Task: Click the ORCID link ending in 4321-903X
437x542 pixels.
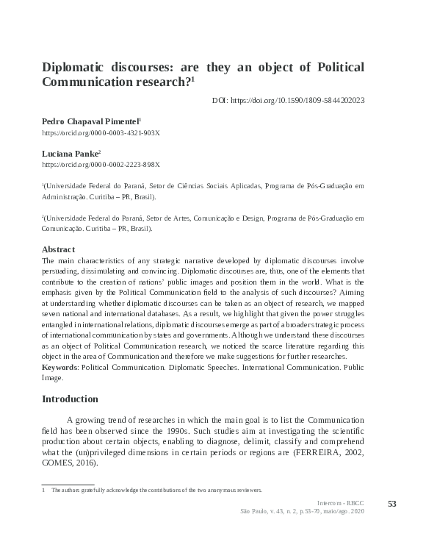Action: pos(101,132)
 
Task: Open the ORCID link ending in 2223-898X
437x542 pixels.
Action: pos(101,165)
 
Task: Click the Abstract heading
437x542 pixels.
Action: pos(59,249)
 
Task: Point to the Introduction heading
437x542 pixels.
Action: pos(70,399)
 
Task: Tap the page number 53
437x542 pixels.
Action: pos(391,503)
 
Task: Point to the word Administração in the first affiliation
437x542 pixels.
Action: pos(65,197)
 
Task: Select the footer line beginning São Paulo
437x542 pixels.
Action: pos(301,510)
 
